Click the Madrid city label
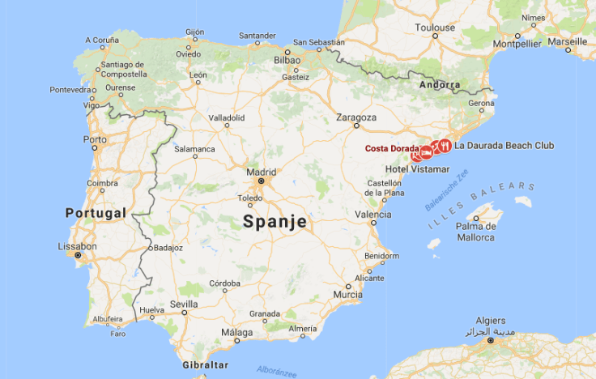coord(261,172)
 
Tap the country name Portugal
coord(95,213)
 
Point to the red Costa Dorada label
coord(391,148)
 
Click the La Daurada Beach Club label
coord(504,146)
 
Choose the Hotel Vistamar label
coord(417,168)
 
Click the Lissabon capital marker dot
coord(78,255)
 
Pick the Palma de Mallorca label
coord(475,232)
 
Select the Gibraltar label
coord(205,366)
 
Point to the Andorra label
coord(440,85)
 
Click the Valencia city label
coord(373,215)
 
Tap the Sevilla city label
coord(183,304)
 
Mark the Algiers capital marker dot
coord(491,341)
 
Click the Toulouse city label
coord(435,28)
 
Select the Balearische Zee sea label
coord(447,195)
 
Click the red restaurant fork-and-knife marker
coord(445,146)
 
